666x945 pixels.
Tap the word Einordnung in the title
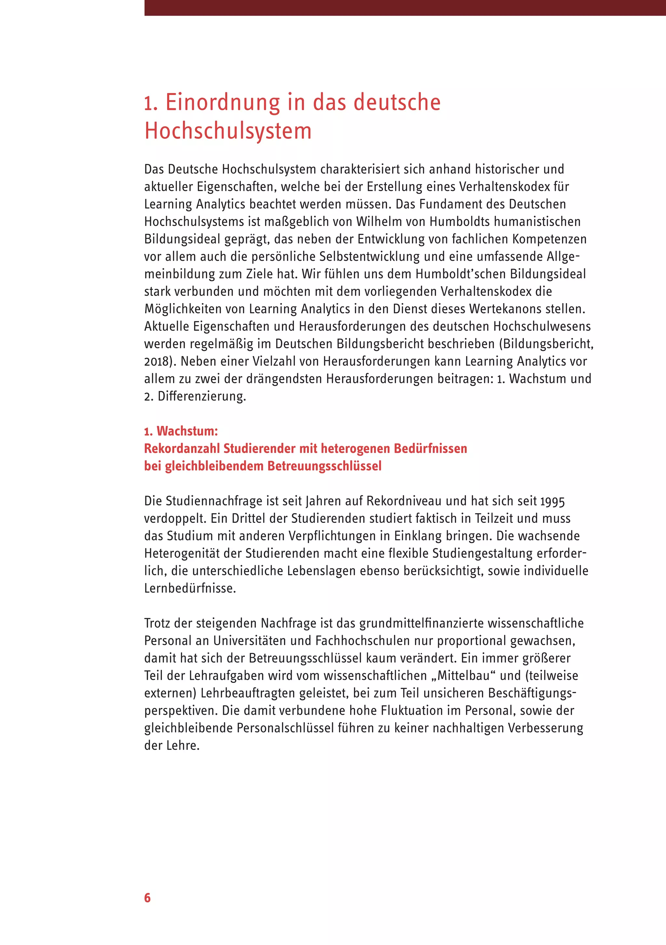pyautogui.click(x=222, y=102)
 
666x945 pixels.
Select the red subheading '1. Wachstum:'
pyautogui.click(x=181, y=431)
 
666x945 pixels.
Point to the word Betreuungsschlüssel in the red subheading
pyautogui.click(x=324, y=466)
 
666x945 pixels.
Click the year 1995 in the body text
pyautogui.click(x=553, y=501)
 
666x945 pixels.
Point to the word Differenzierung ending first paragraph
pyautogui.click(x=201, y=396)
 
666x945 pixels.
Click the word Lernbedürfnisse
pyautogui.click(x=190, y=588)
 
